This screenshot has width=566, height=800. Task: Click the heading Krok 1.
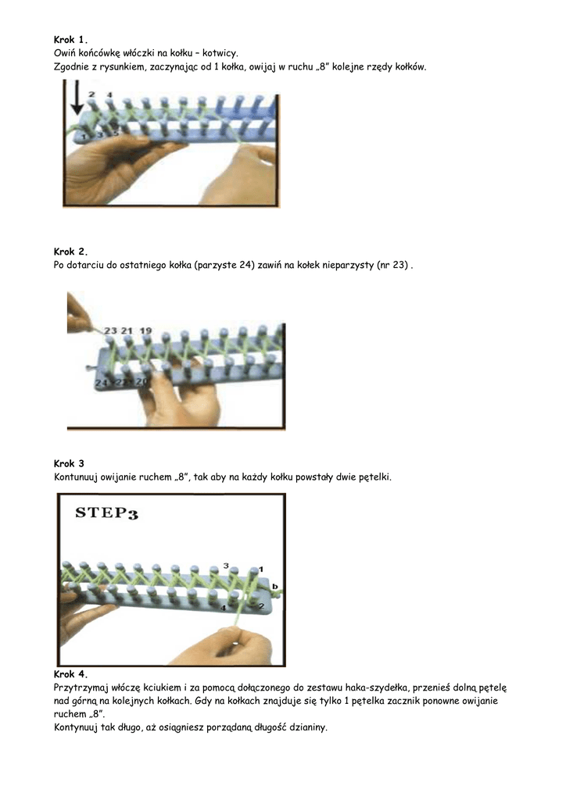tap(70, 39)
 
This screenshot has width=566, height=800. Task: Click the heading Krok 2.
tap(70, 252)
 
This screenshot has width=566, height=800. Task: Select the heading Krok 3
tap(69, 464)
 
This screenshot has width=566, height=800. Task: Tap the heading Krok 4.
tap(70, 674)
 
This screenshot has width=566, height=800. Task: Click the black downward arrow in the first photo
tap(77, 98)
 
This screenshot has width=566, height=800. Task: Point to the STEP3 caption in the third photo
tap(106, 512)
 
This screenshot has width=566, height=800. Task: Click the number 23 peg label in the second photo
tap(110, 330)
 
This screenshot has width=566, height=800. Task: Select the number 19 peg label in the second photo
tap(146, 330)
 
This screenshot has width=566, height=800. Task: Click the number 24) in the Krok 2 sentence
tap(247, 266)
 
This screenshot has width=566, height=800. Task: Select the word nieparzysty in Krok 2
tap(349, 266)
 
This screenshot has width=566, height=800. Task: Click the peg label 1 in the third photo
tap(261, 569)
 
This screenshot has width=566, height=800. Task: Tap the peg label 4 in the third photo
tap(223, 608)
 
